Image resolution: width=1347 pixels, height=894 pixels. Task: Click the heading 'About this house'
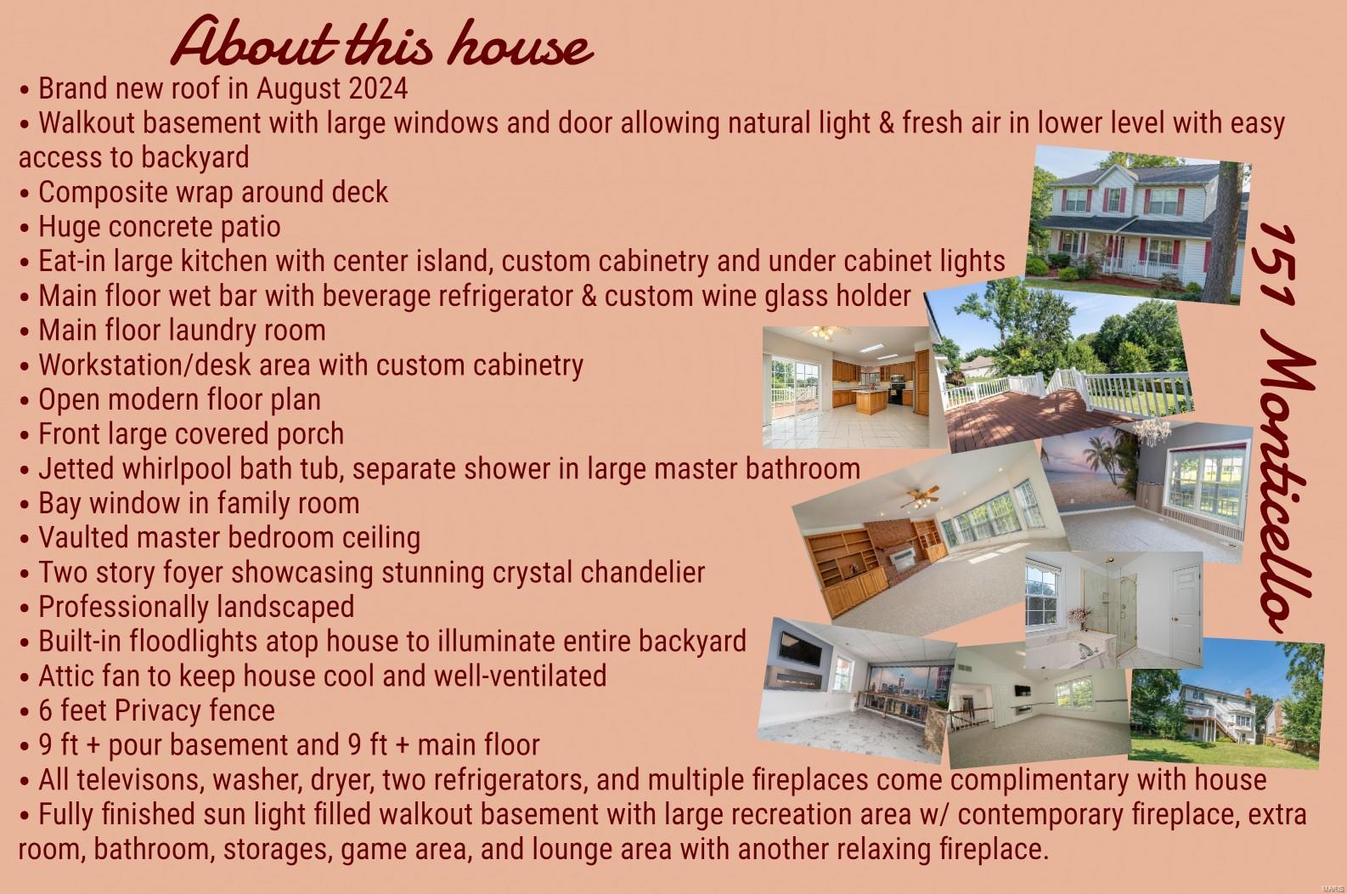click(x=382, y=42)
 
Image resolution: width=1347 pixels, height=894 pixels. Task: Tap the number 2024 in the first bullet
click(x=378, y=88)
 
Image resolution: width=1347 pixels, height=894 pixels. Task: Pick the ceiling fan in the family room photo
click(x=919, y=497)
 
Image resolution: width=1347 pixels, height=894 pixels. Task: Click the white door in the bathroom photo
click(x=1186, y=614)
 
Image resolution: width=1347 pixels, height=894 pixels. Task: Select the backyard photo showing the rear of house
click(x=1226, y=703)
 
